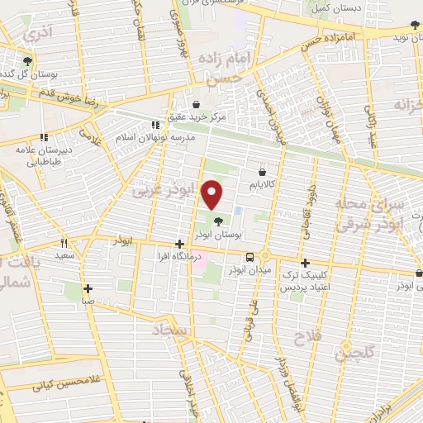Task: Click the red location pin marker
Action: pos(213,193)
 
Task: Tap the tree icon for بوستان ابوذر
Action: pos(218,221)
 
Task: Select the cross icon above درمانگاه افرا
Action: pos(179,244)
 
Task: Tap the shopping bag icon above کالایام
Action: pos(262,161)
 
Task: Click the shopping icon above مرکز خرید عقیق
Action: pos(195,103)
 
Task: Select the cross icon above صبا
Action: pos(88,288)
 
